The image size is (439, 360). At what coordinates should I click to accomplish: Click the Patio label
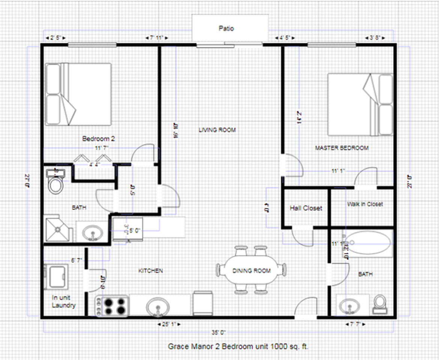tap(227, 28)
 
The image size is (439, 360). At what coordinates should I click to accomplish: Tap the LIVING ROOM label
tap(217, 130)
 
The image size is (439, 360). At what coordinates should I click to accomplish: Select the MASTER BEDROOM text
tap(341, 148)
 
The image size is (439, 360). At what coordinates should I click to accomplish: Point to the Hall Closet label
tap(306, 208)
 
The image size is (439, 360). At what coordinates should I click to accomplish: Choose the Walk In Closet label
tap(365, 204)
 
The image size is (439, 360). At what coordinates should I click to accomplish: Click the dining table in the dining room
tap(251, 270)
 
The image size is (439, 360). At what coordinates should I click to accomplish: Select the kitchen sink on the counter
tap(158, 307)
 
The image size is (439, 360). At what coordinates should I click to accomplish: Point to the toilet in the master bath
tap(380, 304)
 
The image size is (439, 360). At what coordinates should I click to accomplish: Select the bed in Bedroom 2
tap(78, 94)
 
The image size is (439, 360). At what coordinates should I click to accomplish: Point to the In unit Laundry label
tap(63, 301)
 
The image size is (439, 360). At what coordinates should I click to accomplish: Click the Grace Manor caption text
tap(238, 346)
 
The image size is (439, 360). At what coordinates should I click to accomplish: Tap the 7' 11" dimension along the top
tap(156, 38)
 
